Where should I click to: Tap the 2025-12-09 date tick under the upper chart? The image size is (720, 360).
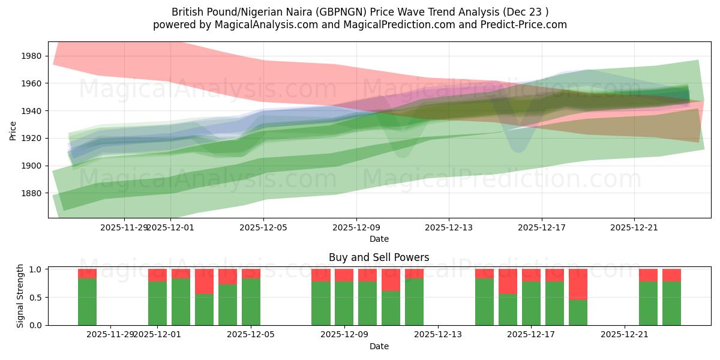coord(356,227)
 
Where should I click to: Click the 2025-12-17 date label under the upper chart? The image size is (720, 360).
coord(542,227)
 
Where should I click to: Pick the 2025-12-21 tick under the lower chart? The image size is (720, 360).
coord(625,335)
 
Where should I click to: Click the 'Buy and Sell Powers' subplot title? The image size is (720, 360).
coord(379,257)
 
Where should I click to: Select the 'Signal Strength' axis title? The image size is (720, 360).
coord(20,296)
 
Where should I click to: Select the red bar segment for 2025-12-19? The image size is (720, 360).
coord(578,284)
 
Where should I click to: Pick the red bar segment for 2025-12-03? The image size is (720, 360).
coord(204,281)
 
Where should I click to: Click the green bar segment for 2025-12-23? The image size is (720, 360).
coord(671,304)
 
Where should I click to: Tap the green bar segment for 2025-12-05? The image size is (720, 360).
coord(251,302)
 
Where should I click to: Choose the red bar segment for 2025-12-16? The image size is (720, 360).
coord(508,281)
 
